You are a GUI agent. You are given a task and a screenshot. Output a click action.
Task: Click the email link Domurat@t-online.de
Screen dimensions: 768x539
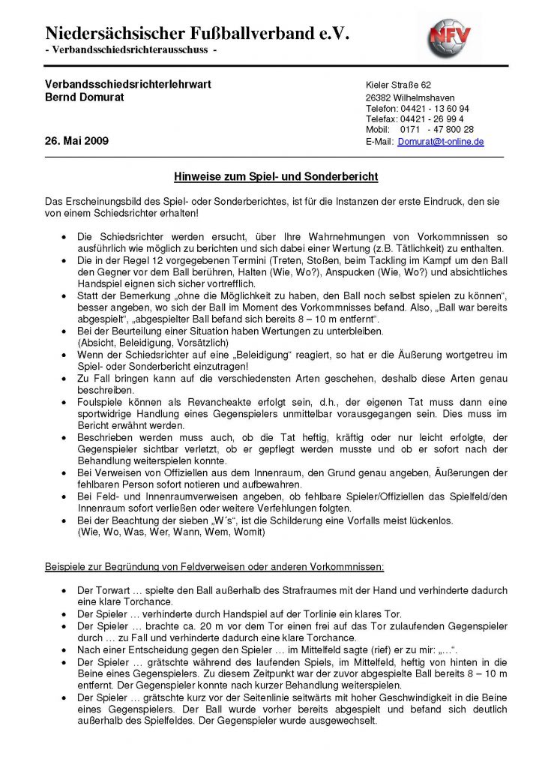(440, 141)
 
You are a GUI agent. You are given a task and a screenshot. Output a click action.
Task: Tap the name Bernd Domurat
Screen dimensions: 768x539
(84, 99)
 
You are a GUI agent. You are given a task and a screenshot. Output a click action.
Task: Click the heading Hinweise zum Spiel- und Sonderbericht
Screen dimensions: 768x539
(275, 178)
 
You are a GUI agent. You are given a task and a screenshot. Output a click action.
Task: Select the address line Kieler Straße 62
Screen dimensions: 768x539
(398, 85)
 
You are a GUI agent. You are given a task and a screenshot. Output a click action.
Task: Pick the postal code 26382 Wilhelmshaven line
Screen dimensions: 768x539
(410, 98)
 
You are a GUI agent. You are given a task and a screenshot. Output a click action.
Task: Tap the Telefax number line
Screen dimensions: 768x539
(415, 119)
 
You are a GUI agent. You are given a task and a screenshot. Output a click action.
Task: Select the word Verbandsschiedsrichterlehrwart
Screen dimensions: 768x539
(127, 85)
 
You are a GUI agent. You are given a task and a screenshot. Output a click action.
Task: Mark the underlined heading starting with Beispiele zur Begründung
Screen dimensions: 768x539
(215, 565)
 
